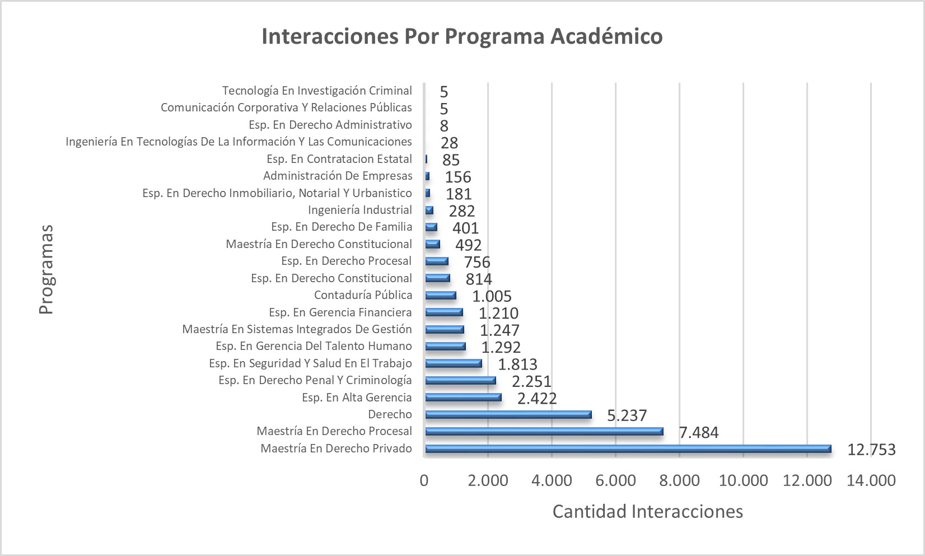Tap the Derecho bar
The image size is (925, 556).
click(508, 414)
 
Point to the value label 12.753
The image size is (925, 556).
click(871, 450)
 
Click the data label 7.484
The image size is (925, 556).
click(698, 432)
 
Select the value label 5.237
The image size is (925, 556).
click(627, 415)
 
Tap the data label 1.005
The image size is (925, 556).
click(492, 296)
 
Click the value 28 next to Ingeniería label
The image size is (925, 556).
click(449, 143)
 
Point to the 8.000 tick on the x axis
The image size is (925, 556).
click(679, 480)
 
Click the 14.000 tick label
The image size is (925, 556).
click(871, 480)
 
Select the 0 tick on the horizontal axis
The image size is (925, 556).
click(424, 480)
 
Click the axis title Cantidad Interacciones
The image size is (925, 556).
click(647, 511)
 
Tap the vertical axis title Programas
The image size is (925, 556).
click(46, 269)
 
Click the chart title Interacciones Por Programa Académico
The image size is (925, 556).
click(462, 36)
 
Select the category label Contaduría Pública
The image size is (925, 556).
click(363, 295)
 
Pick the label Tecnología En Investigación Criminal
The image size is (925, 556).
click(317, 91)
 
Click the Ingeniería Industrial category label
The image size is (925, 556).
click(359, 210)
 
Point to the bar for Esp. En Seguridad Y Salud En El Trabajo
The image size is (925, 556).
click(453, 363)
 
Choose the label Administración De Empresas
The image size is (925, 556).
click(338, 176)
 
